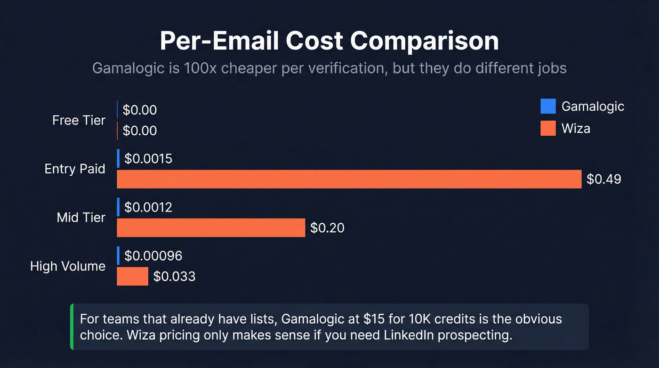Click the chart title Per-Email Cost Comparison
(x=329, y=41)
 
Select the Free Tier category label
(x=79, y=120)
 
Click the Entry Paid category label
(x=75, y=169)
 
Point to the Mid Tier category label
(x=81, y=217)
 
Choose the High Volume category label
(x=68, y=266)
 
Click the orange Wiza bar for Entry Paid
(x=349, y=179)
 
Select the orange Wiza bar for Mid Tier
(x=211, y=228)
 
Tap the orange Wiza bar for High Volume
(x=132, y=276)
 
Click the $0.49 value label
(x=604, y=179)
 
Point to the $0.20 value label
(x=327, y=228)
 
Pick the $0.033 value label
(x=174, y=276)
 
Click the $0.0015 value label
(x=148, y=158)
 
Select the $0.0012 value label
(x=148, y=207)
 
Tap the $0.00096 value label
(x=153, y=255)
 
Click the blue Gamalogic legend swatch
(x=548, y=106)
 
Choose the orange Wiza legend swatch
(x=548, y=128)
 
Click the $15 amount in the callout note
(x=374, y=319)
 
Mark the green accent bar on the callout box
(x=72, y=327)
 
